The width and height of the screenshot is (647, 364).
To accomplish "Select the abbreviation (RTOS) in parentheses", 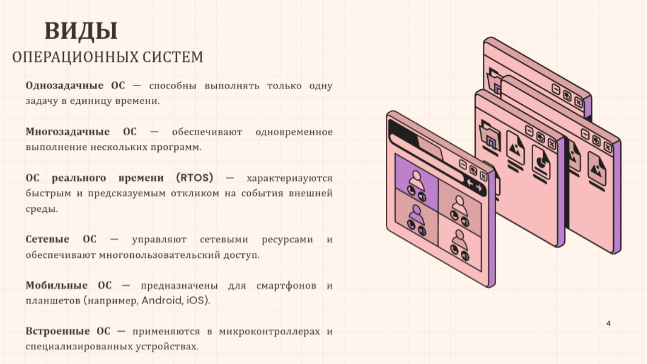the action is (x=195, y=178).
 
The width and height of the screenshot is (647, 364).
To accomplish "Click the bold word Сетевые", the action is (x=47, y=239).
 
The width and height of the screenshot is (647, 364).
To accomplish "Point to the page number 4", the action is (x=608, y=323).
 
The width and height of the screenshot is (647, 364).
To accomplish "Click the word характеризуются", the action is (x=290, y=178).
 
